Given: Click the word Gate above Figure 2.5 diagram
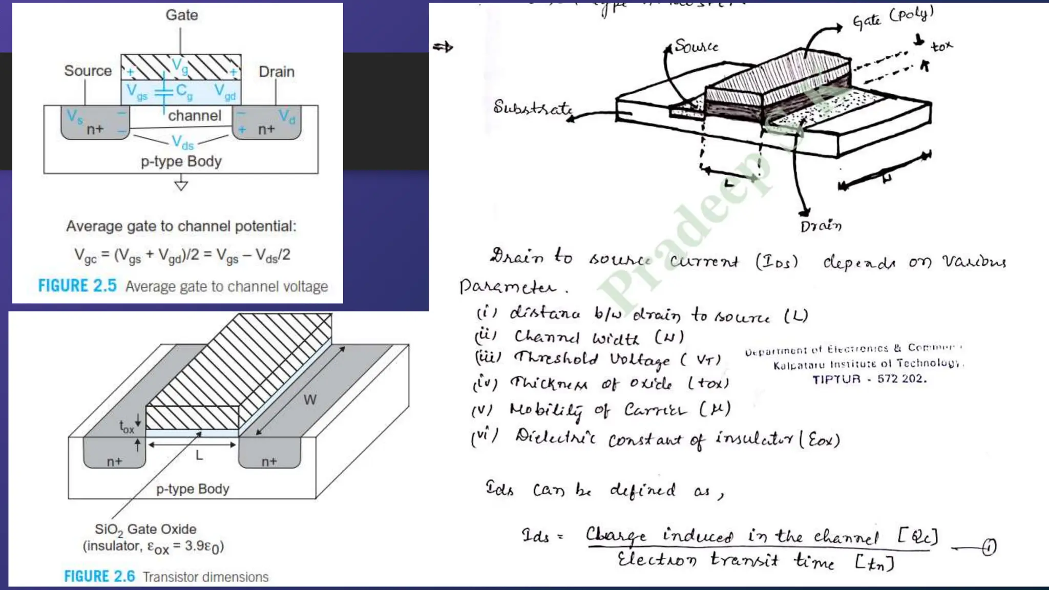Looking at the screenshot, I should [181, 15].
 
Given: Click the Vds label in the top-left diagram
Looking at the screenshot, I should [182, 142].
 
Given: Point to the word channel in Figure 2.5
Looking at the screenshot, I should [195, 116].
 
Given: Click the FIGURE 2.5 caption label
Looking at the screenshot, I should [77, 286].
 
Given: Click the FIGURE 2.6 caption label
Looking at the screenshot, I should [99, 577].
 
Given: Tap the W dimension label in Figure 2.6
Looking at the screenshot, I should [309, 400].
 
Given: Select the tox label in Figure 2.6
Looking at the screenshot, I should [127, 427].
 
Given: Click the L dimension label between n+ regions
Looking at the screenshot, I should [199, 455].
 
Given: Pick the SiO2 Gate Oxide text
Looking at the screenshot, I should [145, 529].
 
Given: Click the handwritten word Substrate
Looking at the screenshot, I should [532, 108].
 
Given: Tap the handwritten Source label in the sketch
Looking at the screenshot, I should [696, 46].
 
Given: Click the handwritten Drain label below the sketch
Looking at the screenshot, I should [821, 226].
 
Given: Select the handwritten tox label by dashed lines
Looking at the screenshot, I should [941, 47].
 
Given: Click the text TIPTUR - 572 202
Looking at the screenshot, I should [869, 379].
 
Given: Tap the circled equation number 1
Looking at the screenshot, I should [989, 547].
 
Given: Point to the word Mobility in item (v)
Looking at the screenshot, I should [546, 410].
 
